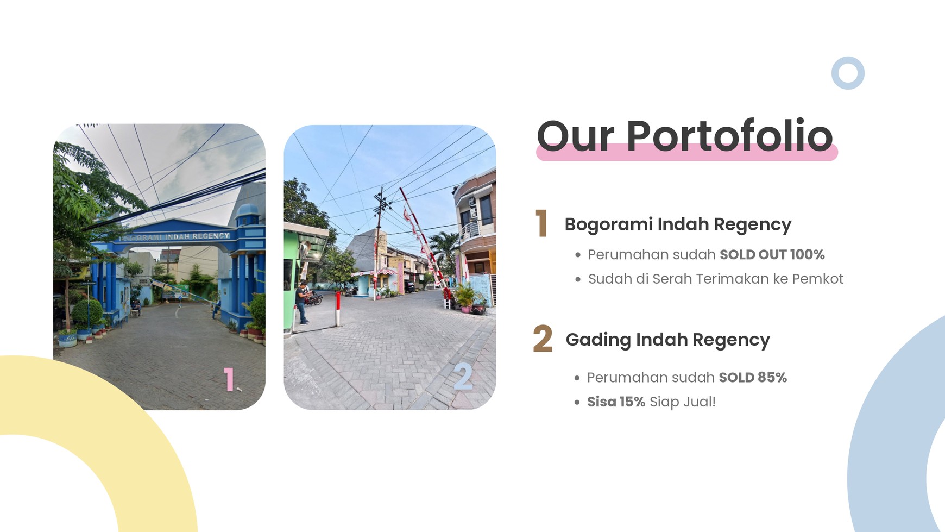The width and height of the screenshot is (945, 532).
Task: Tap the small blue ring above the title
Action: point(847,73)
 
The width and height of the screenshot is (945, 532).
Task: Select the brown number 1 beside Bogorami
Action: point(541,223)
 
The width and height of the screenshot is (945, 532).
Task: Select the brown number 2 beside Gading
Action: point(543,339)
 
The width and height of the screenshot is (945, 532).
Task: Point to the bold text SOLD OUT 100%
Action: point(772,254)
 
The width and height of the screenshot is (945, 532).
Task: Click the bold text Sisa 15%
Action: point(616,402)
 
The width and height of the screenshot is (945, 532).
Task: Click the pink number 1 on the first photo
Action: point(229,379)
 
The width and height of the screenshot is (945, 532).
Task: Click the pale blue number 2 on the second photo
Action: point(463,375)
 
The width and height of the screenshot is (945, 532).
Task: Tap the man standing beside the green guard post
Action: point(301,302)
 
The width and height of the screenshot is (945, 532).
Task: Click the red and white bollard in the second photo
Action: point(338,308)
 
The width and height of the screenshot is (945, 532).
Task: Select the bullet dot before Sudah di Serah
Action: point(577,279)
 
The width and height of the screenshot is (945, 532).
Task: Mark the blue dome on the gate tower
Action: point(247,210)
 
